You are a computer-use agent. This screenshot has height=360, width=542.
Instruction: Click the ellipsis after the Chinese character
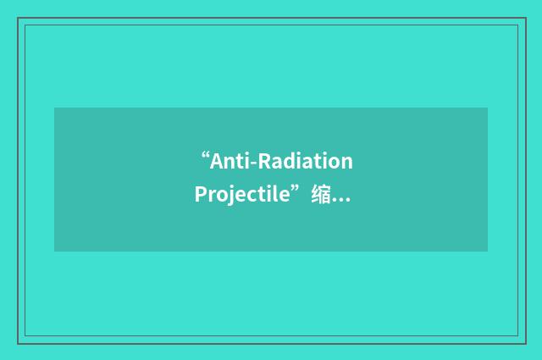tap(342, 198)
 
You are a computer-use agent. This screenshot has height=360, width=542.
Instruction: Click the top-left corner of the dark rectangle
tap(54, 108)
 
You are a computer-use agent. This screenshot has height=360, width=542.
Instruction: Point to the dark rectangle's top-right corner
tap(488, 108)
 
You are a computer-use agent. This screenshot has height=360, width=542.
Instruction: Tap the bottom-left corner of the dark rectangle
tap(54, 252)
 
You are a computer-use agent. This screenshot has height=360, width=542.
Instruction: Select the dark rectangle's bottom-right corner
tap(488, 252)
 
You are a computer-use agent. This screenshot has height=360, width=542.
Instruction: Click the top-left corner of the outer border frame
tap(18, 18)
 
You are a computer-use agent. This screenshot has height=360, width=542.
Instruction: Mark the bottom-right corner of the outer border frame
tap(524, 342)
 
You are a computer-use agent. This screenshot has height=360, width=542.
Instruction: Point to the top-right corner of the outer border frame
tap(524, 18)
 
